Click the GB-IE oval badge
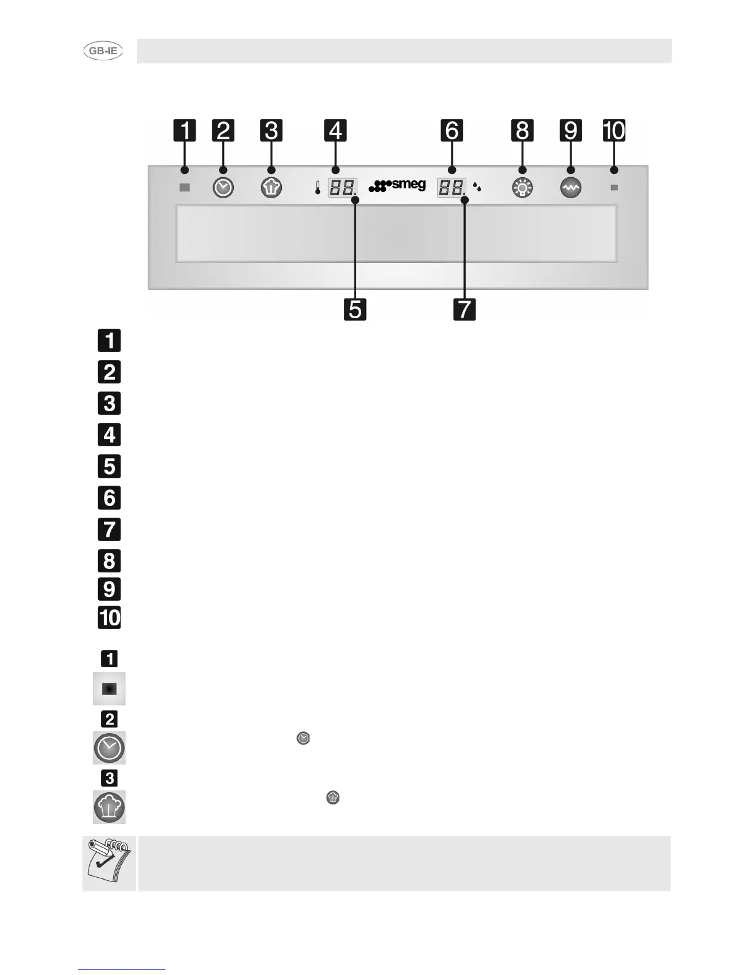[103, 51]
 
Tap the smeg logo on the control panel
[397, 185]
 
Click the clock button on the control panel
[223, 187]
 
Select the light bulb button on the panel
[522, 187]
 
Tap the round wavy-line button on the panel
[571, 187]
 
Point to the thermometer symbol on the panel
[317, 187]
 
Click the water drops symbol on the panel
[477, 186]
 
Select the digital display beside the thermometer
[342, 187]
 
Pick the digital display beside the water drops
[451, 187]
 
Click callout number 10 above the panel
[613, 130]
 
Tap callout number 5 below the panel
[355, 308]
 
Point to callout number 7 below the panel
[464, 308]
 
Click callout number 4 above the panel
[335, 130]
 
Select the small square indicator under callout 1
[185, 187]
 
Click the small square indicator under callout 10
[613, 187]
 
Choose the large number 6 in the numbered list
[110, 497]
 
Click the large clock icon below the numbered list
[110, 748]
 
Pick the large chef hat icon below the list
[110, 807]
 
